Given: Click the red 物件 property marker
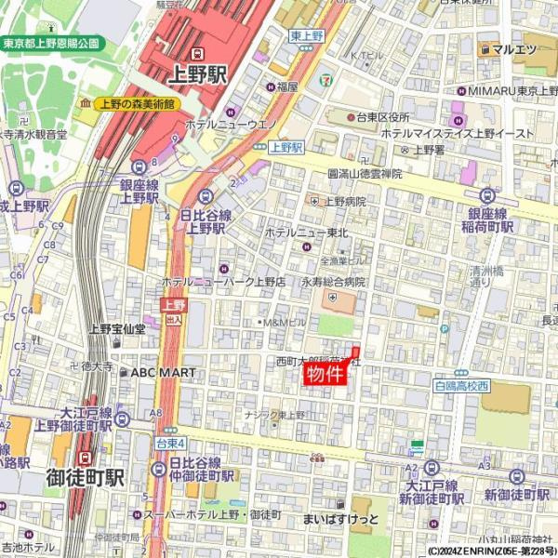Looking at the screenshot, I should tap(325, 375).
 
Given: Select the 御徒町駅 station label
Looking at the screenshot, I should tap(85, 478).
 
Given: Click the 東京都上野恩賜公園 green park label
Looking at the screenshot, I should tap(52, 43).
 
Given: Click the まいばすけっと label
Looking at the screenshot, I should tap(339, 517).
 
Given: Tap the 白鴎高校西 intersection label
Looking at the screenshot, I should tap(461, 384).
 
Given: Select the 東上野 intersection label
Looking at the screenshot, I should tap(306, 35).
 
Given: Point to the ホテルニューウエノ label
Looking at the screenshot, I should tap(232, 123).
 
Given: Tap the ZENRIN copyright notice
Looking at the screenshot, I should tap(492, 551).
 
